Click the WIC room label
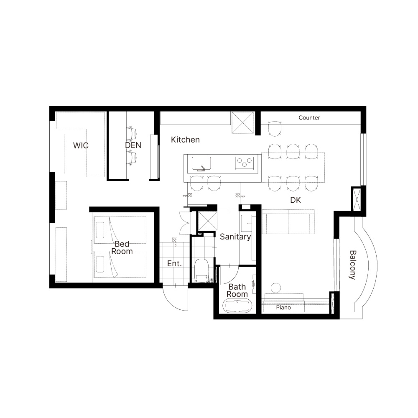point(81,145)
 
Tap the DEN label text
point(133,145)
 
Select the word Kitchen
point(185,140)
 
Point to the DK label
point(296,200)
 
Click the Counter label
point(309,117)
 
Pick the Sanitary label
point(235,237)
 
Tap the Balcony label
point(352,265)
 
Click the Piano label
point(283,307)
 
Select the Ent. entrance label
point(174,264)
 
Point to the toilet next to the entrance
point(202,270)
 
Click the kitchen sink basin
point(201,163)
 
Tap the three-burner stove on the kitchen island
point(245,163)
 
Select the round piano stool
point(275,288)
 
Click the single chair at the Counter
point(275,129)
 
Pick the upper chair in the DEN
point(132,133)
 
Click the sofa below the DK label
point(288,222)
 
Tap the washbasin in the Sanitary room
point(246,223)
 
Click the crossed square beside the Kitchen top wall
point(242,122)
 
